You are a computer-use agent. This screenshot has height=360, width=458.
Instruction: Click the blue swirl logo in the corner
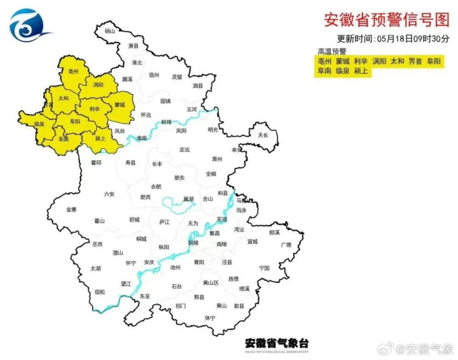click(x=30, y=26)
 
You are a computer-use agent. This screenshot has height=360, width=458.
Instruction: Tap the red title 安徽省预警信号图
click(x=386, y=20)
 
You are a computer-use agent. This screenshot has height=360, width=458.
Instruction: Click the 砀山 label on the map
click(x=110, y=31)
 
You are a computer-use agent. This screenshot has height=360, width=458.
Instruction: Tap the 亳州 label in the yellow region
click(x=73, y=72)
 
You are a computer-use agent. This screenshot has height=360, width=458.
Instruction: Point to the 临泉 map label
click(x=39, y=124)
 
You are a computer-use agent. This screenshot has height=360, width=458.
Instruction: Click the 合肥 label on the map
click(x=156, y=186)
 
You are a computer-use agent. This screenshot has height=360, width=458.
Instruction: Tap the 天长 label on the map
click(x=263, y=135)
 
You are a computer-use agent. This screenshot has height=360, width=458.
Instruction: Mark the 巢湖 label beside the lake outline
click(x=189, y=199)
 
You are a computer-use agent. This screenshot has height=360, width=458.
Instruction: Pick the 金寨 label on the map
click(x=71, y=209)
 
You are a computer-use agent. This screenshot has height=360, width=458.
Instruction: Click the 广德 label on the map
click(x=286, y=244)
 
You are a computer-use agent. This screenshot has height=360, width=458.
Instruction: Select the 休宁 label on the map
click(x=210, y=318)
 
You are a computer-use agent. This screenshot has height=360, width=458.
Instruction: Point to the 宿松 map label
click(x=100, y=292)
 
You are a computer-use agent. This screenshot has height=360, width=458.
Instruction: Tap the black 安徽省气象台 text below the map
click(x=277, y=343)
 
